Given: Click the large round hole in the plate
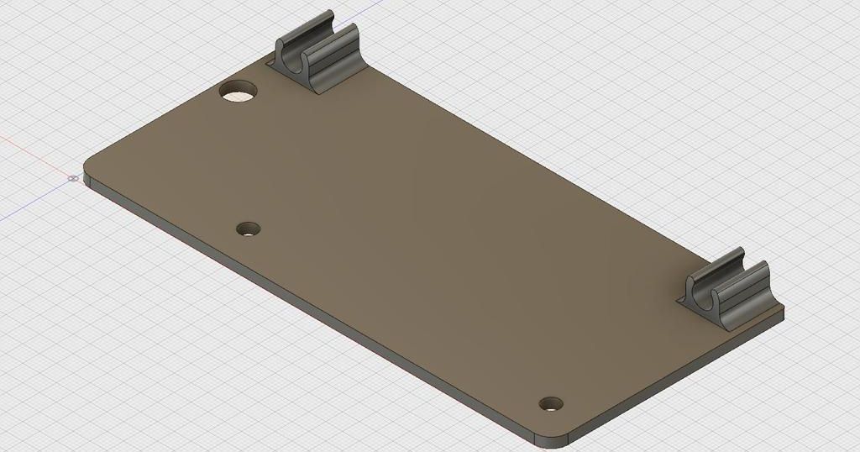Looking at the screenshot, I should click(239, 91).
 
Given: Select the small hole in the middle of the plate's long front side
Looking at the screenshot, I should click(249, 229).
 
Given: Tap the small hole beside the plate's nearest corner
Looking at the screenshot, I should click(551, 403).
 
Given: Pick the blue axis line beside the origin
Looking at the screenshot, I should click(34, 202).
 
